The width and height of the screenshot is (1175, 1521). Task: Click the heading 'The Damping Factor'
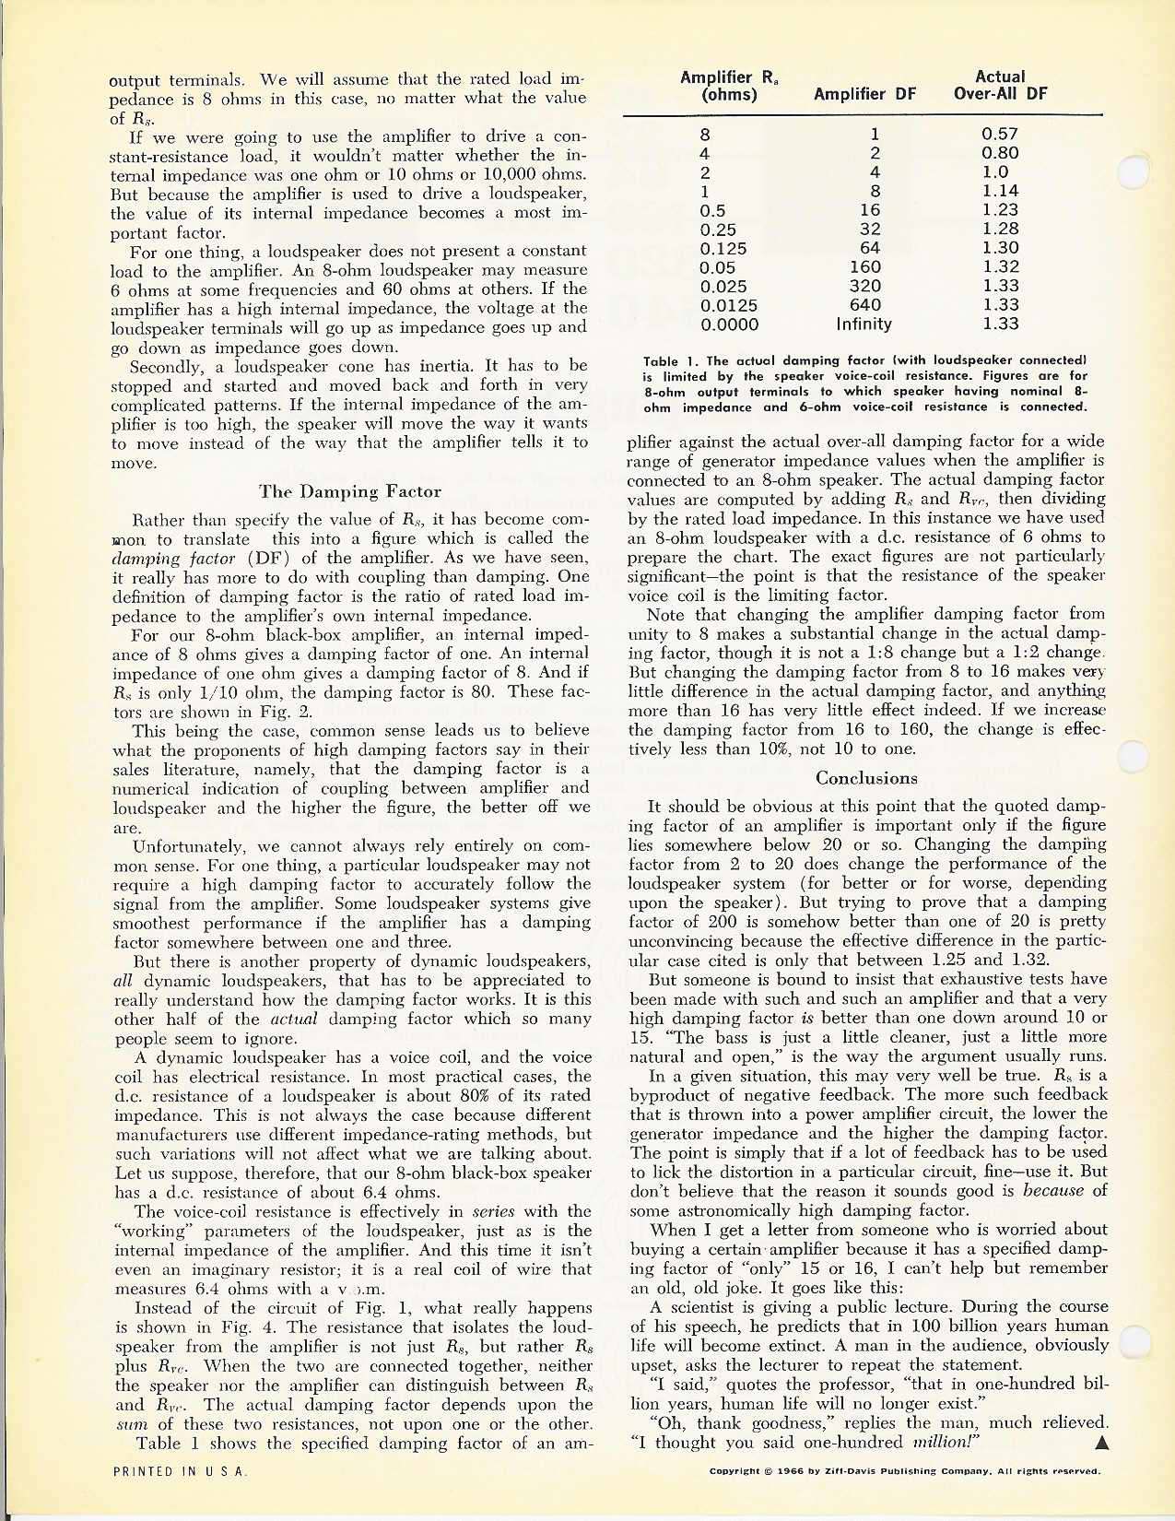pyautogui.click(x=350, y=492)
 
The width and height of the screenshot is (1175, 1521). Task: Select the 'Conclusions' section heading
pyautogui.click(x=866, y=778)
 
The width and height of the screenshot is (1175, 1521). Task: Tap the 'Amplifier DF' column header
pyautogui.click(x=863, y=94)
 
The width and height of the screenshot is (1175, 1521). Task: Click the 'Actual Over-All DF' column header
pyautogui.click(x=1000, y=85)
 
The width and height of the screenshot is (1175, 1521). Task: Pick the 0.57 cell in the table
pyautogui.click(x=1000, y=134)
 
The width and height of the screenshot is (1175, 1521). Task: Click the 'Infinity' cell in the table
pyautogui.click(x=864, y=324)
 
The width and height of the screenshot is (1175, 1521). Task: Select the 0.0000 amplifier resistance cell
pyautogui.click(x=730, y=324)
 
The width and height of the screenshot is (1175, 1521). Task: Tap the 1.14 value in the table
pyautogui.click(x=1000, y=191)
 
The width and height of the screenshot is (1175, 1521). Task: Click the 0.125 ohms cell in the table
pyautogui.click(x=723, y=248)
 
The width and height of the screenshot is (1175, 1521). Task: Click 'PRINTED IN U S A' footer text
pyautogui.click(x=178, y=1472)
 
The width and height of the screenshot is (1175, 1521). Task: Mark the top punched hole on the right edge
pyautogui.click(x=1132, y=172)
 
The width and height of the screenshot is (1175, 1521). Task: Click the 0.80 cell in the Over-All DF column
pyautogui.click(x=1000, y=153)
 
